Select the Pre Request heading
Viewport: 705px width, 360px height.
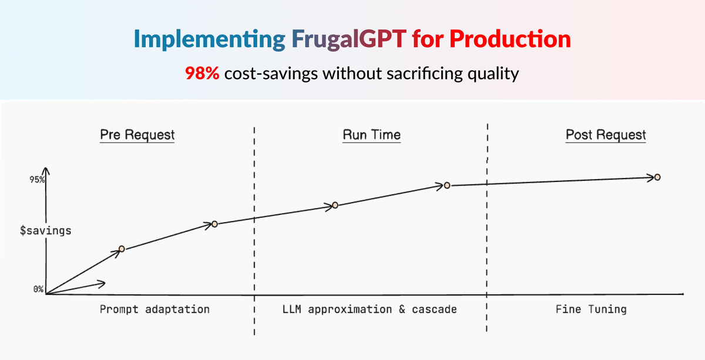136,134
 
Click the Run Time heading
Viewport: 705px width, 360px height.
371,134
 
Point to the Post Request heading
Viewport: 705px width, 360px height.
606,134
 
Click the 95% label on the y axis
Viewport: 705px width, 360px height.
38,180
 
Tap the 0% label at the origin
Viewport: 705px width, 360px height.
38,289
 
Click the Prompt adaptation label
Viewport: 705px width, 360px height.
155,309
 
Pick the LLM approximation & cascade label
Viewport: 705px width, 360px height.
370,309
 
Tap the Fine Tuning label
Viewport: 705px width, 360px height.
591,309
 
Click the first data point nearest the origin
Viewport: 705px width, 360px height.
122,249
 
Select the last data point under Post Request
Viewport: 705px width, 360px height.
657,177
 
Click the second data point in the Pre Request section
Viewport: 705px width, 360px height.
214,224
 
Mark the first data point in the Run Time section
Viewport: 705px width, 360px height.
335,205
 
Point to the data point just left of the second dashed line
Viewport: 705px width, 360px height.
447,186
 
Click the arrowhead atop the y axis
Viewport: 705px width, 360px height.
47,170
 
